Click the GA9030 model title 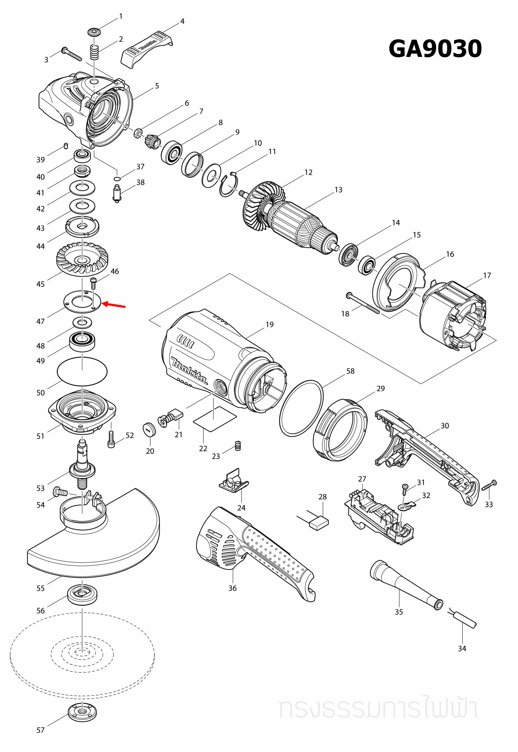tap(435, 48)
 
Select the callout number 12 tap(309, 172)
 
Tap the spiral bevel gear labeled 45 tap(83, 258)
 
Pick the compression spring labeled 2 tap(95, 51)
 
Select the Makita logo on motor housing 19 tap(189, 370)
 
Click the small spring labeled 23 tap(238, 446)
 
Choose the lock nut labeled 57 tap(83, 712)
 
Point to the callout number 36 tap(233, 588)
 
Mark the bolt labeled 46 tap(93, 283)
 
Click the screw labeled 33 tap(489, 485)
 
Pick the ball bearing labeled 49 tap(83, 341)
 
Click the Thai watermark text tap(378, 708)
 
